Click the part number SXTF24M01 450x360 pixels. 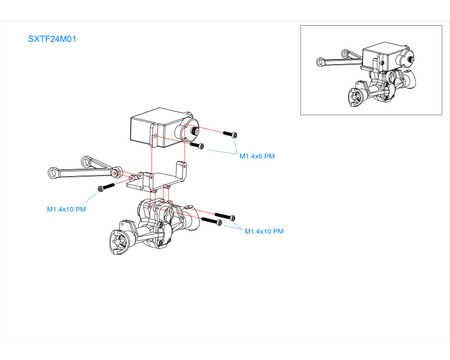click(52, 39)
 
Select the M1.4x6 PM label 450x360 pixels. click(256, 156)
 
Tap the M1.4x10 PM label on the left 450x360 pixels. click(66, 209)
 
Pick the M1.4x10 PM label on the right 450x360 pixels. click(264, 231)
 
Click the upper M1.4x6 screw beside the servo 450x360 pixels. click(231, 134)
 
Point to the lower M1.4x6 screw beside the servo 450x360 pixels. click(197, 146)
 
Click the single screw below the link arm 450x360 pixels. click(106, 187)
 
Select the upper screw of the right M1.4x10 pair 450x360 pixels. click(224, 217)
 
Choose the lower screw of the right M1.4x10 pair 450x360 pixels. click(211, 221)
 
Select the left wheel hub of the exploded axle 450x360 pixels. click(119, 241)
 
